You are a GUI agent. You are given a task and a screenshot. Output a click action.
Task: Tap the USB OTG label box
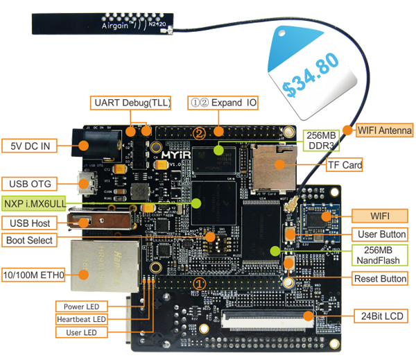pos(29,184)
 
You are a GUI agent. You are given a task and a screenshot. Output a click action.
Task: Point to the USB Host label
pos(28,223)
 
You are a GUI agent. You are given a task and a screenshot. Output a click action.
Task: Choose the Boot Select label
pos(30,241)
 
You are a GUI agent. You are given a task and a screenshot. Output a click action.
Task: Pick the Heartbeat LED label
pos(82,319)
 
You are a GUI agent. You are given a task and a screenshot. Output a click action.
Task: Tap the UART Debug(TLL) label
pos(131,103)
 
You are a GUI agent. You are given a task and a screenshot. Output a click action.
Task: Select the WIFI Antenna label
pos(385,130)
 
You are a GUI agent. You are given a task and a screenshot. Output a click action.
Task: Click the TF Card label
pos(344,165)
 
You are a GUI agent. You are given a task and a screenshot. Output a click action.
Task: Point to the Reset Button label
pos(380,279)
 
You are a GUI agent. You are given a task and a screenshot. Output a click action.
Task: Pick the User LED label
pos(82,333)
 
